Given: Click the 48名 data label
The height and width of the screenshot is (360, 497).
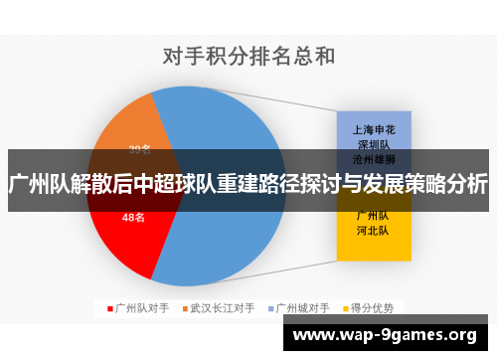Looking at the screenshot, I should click(x=133, y=217).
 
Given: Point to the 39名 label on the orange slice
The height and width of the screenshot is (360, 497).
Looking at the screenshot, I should click(x=140, y=150).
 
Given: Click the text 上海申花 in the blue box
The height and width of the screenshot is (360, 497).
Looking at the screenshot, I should click(x=373, y=128).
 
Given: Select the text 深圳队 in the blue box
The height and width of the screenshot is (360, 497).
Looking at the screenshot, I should click(x=373, y=143).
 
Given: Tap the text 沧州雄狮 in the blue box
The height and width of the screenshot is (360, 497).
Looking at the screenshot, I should click(x=373, y=158).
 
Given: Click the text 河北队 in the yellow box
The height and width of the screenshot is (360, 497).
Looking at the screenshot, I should click(x=373, y=230).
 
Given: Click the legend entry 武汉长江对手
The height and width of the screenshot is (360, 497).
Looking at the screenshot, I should click(x=222, y=308).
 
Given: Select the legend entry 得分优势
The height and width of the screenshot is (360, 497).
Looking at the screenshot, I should click(x=371, y=308).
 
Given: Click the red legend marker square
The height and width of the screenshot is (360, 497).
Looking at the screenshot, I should click(x=109, y=308).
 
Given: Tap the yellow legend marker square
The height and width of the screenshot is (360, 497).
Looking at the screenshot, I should click(x=344, y=308).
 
